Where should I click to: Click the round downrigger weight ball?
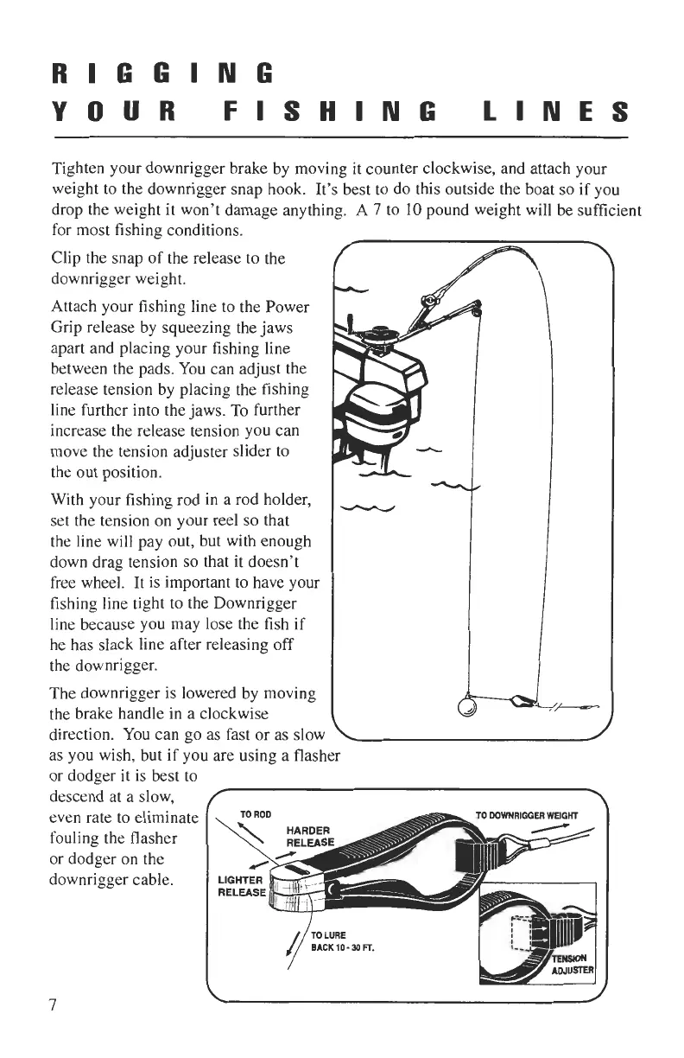coord(467,705)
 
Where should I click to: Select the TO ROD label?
coord(250,813)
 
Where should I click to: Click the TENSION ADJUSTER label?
coord(568,965)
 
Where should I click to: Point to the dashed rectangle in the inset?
coord(522,934)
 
